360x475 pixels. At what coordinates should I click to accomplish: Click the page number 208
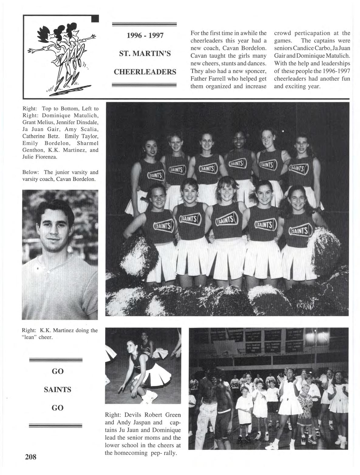click(31, 457)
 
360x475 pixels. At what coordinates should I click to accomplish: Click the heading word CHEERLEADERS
click(145, 72)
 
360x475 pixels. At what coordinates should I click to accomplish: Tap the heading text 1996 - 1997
click(145, 36)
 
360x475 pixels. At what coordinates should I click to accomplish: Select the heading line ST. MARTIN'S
click(145, 54)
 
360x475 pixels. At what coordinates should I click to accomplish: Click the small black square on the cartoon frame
click(95, 19)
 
